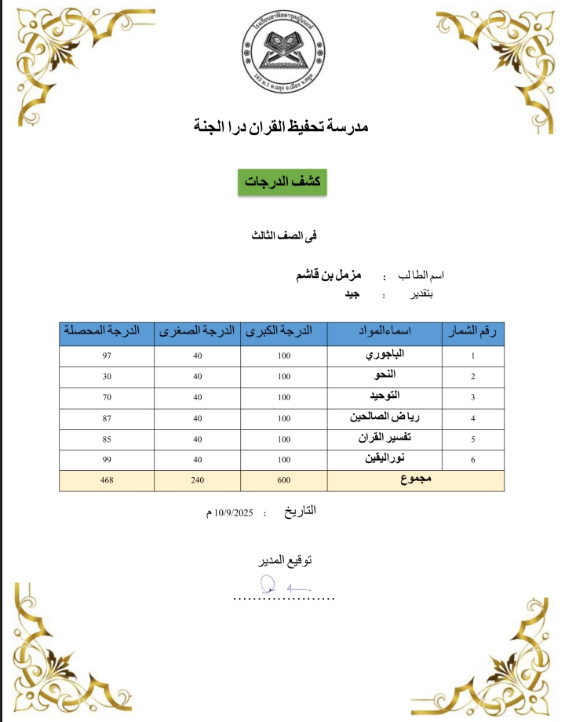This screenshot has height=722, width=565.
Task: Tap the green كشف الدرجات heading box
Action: click(282, 180)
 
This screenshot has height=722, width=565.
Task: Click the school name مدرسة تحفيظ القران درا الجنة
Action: click(281, 126)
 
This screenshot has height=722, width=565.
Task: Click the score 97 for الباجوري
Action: click(107, 356)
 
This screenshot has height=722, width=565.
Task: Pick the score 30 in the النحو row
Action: click(107, 377)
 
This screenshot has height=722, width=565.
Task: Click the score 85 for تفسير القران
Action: click(107, 439)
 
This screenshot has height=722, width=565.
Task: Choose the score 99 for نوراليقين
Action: click(107, 459)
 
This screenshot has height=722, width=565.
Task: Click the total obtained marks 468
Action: click(107, 480)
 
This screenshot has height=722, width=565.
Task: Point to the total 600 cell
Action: click(283, 480)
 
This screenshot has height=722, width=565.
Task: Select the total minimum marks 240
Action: click(198, 480)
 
